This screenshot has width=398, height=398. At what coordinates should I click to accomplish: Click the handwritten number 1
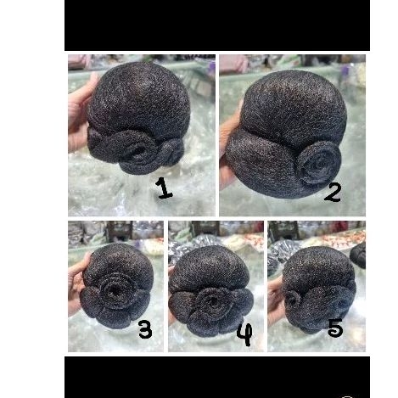[x=164, y=187]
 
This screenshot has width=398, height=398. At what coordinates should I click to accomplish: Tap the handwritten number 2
[x=333, y=192]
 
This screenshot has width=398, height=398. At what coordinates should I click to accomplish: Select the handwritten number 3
[x=145, y=329]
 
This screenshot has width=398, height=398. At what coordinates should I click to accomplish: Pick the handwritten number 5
[x=336, y=327]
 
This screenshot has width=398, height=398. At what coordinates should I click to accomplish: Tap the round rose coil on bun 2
[x=319, y=161]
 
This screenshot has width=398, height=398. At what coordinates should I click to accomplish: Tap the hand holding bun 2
[x=228, y=144]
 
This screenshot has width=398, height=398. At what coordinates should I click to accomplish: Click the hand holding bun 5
[x=275, y=297]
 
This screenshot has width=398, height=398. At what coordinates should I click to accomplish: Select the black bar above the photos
[x=216, y=25]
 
